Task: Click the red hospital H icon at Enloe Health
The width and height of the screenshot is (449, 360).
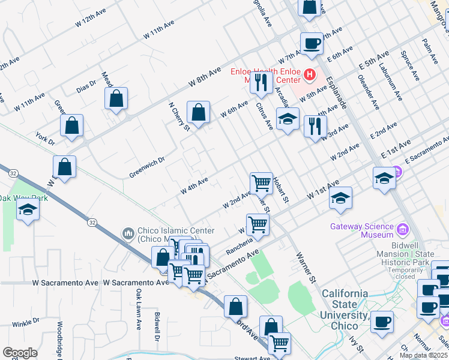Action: click(309, 74)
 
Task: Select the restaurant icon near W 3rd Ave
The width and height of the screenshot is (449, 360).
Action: click(315, 126)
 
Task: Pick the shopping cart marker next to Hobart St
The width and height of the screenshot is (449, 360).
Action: click(261, 182)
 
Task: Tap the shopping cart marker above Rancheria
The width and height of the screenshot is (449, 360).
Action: click(258, 224)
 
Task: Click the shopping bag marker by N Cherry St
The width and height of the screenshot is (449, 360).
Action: click(198, 112)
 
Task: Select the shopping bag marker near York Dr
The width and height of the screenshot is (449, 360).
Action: click(71, 126)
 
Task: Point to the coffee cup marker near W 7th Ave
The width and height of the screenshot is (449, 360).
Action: click(312, 44)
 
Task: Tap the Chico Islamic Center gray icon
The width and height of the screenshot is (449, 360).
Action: click(127, 233)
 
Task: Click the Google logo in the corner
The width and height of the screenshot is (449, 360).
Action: click(20, 353)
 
